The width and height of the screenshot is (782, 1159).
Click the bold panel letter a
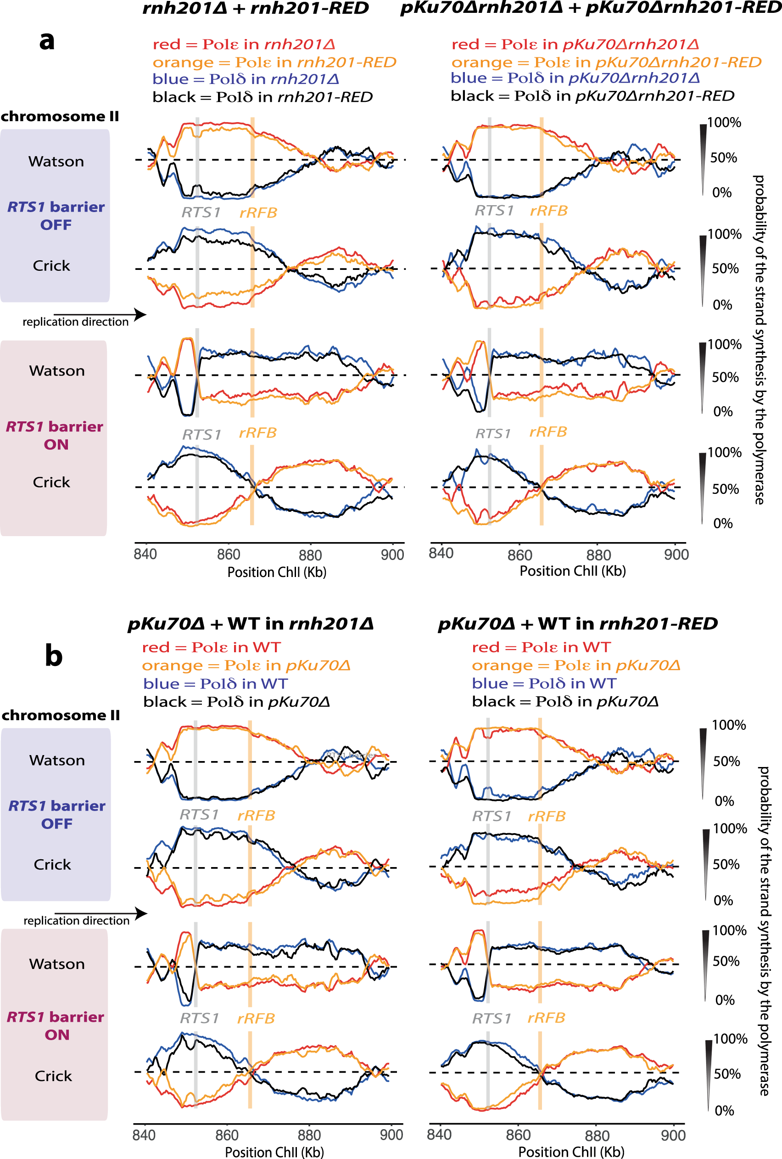pos(47,41)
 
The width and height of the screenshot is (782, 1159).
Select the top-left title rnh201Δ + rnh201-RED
pos(255,8)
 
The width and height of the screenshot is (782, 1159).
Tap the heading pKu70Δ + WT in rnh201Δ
pos(251,624)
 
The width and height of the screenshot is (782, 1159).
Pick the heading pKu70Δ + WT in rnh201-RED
pos(577,624)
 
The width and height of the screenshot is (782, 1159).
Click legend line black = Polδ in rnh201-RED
pos(263,97)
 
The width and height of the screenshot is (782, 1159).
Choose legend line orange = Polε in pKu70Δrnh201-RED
pos(606,62)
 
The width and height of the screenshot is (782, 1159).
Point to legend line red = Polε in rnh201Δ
pos(243,45)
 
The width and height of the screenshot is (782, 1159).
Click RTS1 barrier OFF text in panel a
pos(56,215)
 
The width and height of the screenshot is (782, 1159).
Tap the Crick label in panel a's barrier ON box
pos(51,482)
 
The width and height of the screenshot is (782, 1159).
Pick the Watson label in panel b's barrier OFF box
pos(57,760)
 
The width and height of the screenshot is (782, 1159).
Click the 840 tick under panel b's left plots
pos(144,1135)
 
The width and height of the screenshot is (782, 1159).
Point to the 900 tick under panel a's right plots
pos(676,554)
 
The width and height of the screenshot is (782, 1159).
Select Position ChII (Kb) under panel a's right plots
pos(573,571)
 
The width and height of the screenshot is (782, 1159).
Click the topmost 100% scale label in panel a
pos(724,123)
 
